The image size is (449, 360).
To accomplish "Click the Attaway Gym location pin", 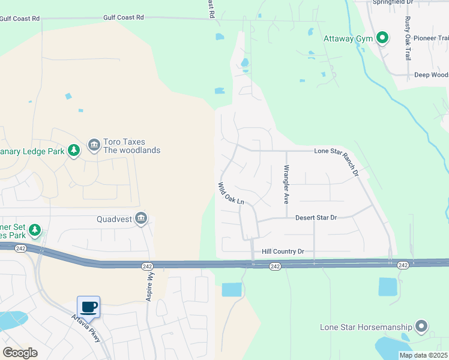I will pos(382,39).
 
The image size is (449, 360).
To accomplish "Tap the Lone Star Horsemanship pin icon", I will pos(421,327).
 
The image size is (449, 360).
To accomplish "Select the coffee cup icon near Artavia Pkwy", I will pos(89,307).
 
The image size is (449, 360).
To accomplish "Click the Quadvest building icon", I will pos(141,218).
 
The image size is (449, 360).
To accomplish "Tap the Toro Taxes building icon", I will pos(94,146).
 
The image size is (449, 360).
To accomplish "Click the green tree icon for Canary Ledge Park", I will pos(73,151).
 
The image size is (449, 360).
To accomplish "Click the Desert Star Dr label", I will pos(316,217).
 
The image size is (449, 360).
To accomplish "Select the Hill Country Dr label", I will pos(283,252).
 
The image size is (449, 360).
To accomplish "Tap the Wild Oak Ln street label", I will pos(231,194).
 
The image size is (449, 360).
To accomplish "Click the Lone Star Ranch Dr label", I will pos(337,161).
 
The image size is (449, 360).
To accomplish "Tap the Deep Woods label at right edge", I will pos(431,75).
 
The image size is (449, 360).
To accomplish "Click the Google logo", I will pos(20,353).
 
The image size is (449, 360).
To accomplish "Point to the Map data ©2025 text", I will pos(424,355).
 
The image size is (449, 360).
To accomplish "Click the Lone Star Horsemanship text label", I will pos(366,327).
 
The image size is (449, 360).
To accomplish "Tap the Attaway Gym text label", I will pos(348,39).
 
